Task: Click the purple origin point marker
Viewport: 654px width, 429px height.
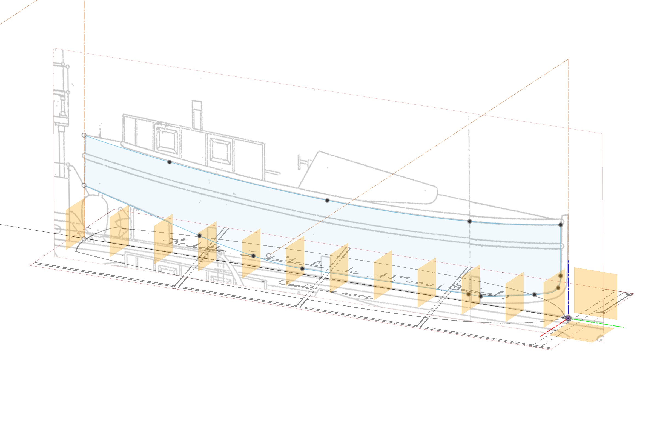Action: point(568,318)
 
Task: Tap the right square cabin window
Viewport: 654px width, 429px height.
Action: point(220,152)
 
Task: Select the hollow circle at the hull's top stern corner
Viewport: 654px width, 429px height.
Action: point(84,135)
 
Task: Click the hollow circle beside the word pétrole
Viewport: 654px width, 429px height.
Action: point(269,256)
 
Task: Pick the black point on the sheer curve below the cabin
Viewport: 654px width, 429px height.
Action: point(170,162)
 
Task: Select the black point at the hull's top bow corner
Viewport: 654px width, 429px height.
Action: point(561,225)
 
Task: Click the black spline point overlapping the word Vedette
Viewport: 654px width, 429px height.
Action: point(199,236)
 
